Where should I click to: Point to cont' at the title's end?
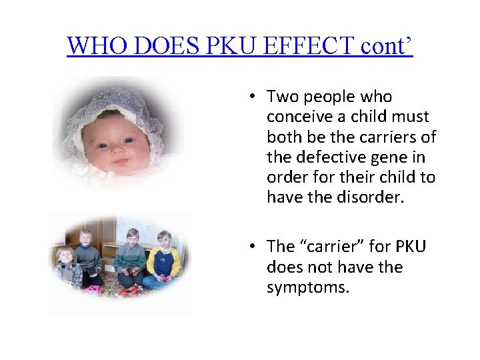[x=387, y=45]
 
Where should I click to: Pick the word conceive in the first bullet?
[x=299, y=117]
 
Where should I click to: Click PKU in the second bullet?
[x=407, y=247]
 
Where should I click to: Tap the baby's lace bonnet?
[x=120, y=107]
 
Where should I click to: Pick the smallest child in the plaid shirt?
[x=67, y=268]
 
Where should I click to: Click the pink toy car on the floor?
[x=93, y=289]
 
